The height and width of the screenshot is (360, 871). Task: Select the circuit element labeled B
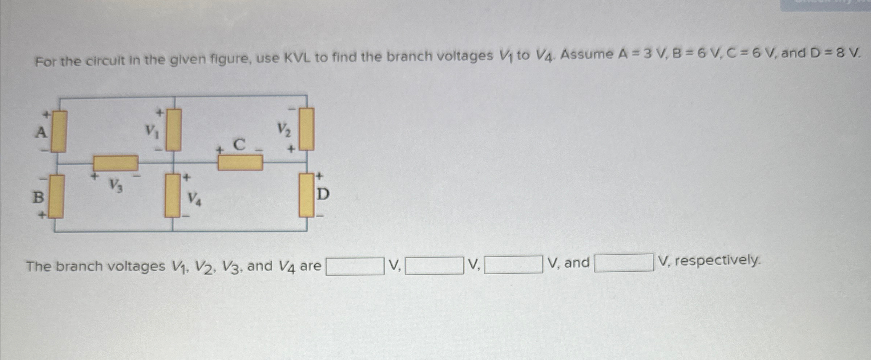(x=56, y=196)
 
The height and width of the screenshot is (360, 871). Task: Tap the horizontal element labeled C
(x=240, y=162)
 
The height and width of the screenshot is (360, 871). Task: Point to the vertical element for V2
(x=307, y=129)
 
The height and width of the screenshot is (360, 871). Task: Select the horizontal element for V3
(x=116, y=163)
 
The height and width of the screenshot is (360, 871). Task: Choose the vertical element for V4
(x=173, y=195)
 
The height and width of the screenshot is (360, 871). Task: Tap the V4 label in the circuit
(x=194, y=199)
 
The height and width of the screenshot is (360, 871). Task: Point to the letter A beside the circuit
(x=41, y=132)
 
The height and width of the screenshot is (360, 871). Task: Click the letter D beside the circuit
(x=323, y=195)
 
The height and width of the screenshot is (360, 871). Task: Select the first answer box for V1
(x=355, y=266)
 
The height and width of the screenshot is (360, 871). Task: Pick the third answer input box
(x=513, y=264)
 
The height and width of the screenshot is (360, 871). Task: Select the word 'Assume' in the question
(x=587, y=55)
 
